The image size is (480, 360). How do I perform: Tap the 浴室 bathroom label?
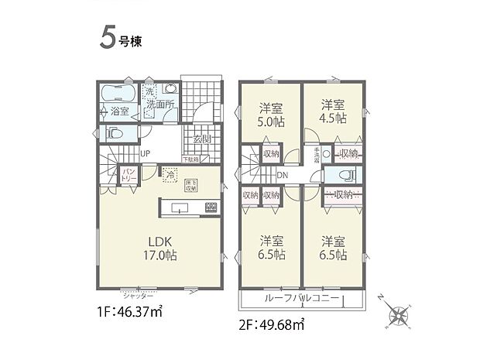point(118,111)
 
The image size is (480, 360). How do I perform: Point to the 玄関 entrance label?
point(203,140)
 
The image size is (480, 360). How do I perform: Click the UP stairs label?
point(145,153)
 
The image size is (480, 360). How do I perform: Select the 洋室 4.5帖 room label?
point(333,111)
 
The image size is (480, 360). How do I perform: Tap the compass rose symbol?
point(400,316)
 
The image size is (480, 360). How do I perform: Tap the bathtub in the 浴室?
point(118,94)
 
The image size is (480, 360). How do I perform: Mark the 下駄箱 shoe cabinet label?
point(190,159)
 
